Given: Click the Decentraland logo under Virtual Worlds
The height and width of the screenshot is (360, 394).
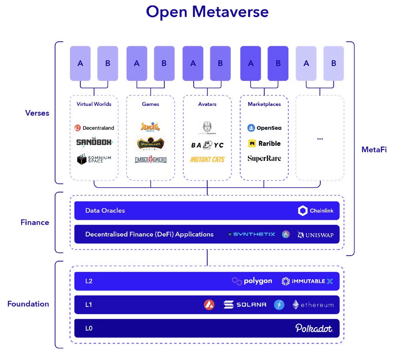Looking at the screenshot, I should coord(94,128).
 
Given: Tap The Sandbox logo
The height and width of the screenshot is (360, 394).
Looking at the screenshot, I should coord(94,142).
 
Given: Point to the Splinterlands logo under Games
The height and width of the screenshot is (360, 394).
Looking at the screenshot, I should coord(150,143).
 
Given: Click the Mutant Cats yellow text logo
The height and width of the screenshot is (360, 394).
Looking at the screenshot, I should coord(207,159).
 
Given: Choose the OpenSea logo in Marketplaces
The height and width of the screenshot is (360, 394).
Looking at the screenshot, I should coord(264,128).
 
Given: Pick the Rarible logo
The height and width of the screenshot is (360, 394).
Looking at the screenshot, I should coord(264,143).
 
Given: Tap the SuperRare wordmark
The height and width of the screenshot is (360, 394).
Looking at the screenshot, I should coord(264,159).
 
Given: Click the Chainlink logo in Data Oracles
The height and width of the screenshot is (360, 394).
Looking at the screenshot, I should coord(316,211).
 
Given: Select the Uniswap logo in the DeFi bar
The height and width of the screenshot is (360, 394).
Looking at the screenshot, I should coord(316,235).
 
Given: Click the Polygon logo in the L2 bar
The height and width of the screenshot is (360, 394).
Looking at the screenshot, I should coord(252,281).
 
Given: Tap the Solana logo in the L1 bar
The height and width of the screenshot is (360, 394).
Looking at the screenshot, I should coord(245,305).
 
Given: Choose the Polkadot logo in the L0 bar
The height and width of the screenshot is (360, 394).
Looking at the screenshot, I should coord(314,328).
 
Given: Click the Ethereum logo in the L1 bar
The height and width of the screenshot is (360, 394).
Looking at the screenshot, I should coord(313,305).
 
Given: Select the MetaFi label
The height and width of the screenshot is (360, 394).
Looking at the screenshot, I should coord(374,150).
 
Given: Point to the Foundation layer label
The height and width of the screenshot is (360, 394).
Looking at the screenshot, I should coord(28,304).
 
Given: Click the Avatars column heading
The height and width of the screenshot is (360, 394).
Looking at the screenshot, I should coord(207,104).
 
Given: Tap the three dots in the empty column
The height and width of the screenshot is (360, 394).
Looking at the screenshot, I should coord(320,139).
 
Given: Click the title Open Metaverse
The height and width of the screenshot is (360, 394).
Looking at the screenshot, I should coord(207,12).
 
